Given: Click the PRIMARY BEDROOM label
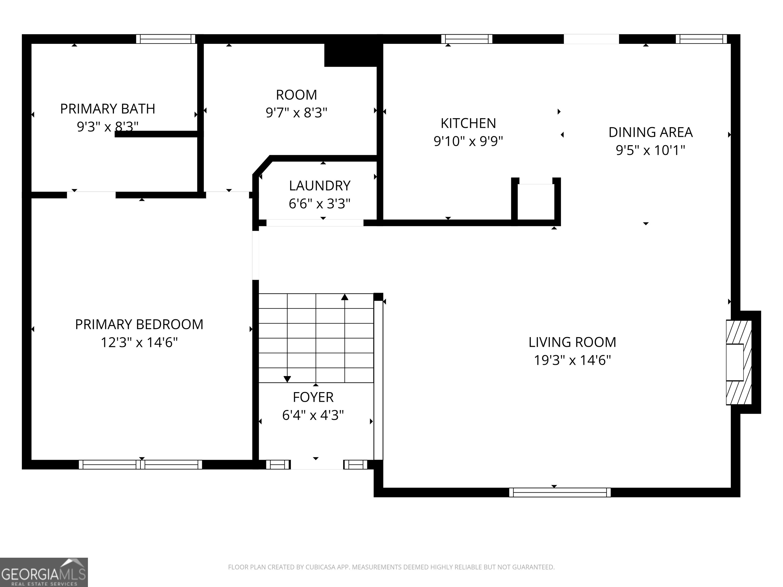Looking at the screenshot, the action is point(139,325).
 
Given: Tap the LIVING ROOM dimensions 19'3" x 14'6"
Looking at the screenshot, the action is point(572,360).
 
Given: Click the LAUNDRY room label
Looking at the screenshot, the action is point(320,186).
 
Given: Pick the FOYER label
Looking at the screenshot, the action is point(313,397).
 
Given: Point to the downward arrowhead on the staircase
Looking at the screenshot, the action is point(287,379).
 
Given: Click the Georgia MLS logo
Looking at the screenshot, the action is point(44,572).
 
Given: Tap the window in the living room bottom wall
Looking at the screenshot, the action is point(560,492).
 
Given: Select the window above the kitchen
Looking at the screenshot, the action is point(466,39).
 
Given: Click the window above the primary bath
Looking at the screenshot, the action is point(166,39).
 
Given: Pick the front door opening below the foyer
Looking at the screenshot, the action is point(317,464).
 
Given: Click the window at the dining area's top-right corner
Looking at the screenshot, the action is point(701,39).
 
